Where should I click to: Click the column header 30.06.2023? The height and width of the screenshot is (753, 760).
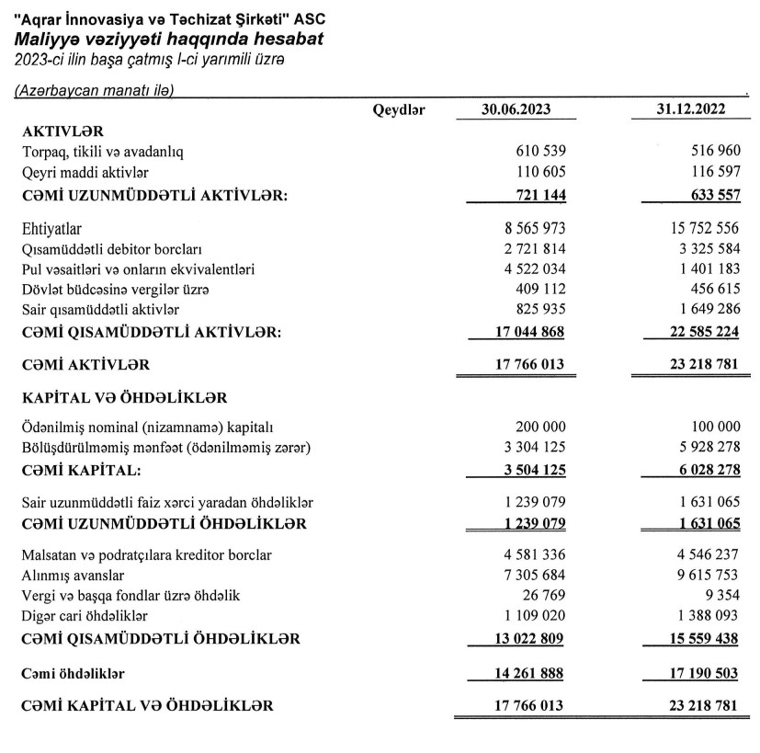[x=516, y=109]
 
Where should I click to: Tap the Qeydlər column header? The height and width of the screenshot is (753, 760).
[x=399, y=110]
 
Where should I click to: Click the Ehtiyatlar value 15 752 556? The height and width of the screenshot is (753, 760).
[x=695, y=227]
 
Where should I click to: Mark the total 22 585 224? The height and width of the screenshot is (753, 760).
[x=691, y=332]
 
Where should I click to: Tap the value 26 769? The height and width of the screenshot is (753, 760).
[x=545, y=596]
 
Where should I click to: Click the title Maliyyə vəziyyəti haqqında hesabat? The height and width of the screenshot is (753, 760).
[x=168, y=40]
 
